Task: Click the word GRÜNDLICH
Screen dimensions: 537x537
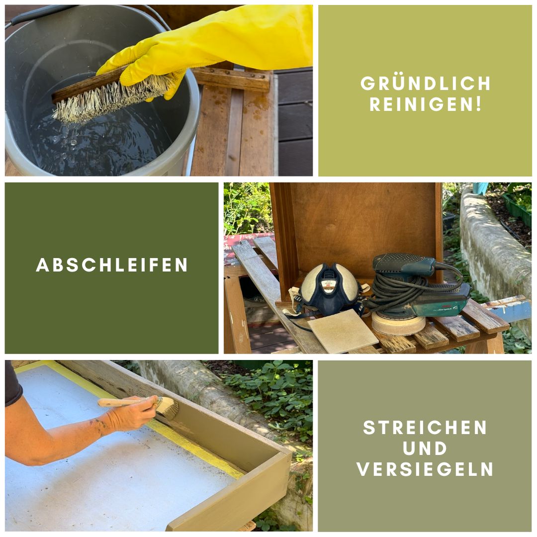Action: tap(425, 84)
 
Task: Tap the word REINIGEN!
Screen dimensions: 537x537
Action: tap(425, 105)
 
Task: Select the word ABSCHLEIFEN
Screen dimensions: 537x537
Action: tap(112, 265)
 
